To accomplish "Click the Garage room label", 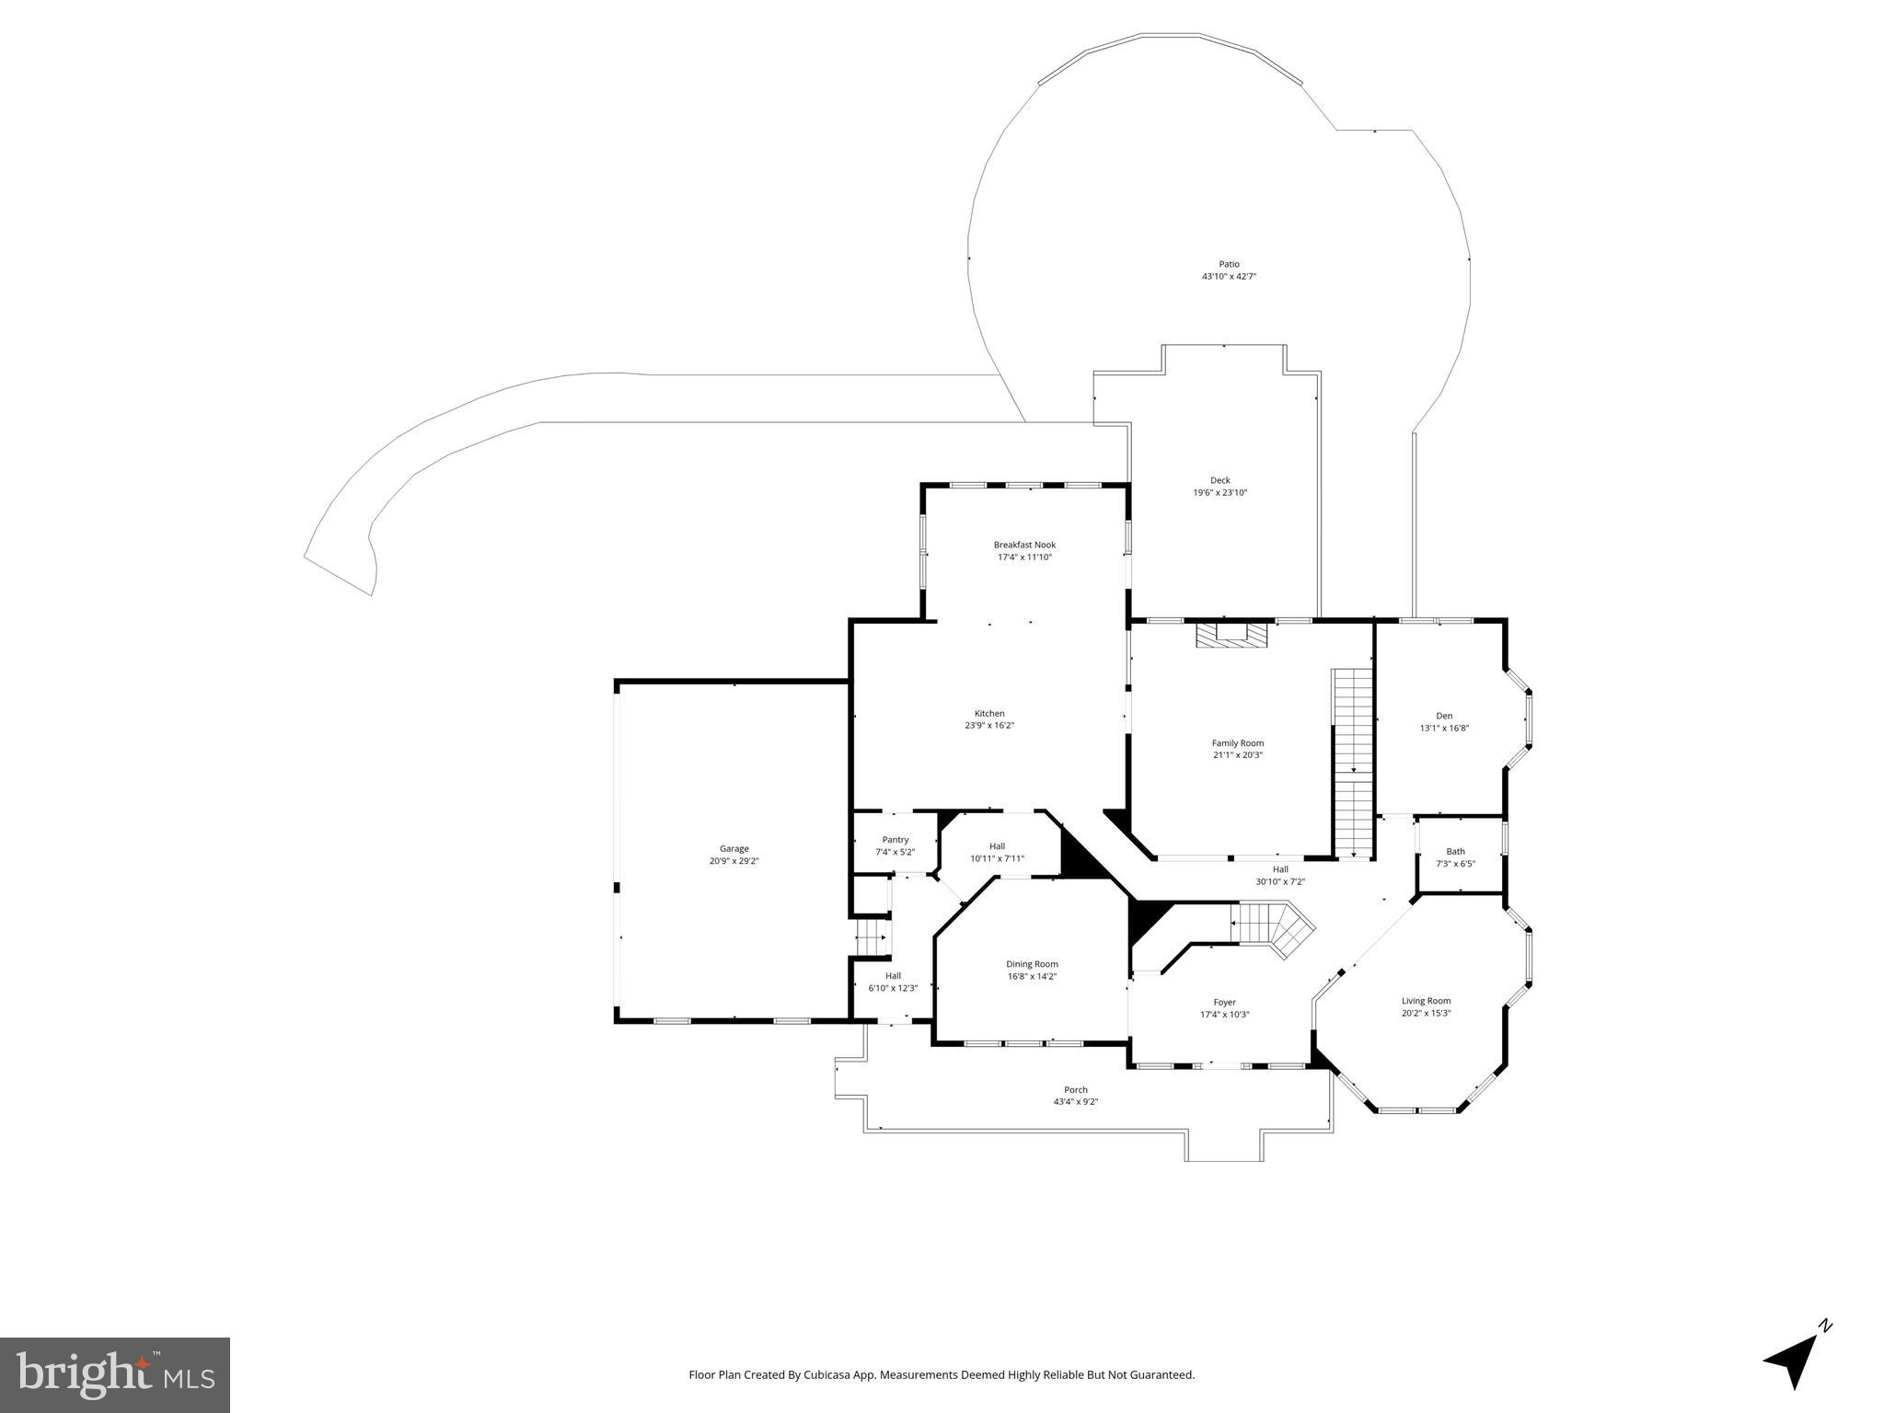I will (734, 849).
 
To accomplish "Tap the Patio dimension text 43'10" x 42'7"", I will (1229, 276).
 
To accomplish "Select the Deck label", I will (1219, 480).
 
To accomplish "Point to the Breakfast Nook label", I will (1024, 545).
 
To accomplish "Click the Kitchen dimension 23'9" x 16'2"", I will (989, 726).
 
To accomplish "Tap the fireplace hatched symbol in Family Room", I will (1231, 636).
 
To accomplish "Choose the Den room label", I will (1444, 716).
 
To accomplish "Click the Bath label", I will (1455, 851).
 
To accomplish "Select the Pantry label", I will (895, 840).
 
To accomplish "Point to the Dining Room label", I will (1032, 964).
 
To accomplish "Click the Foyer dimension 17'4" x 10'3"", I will (1224, 1015).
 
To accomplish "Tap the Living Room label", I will (1426, 1001).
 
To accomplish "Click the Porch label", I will (1076, 1090).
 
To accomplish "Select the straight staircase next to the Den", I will (1353, 764).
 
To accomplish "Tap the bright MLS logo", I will (115, 1375).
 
